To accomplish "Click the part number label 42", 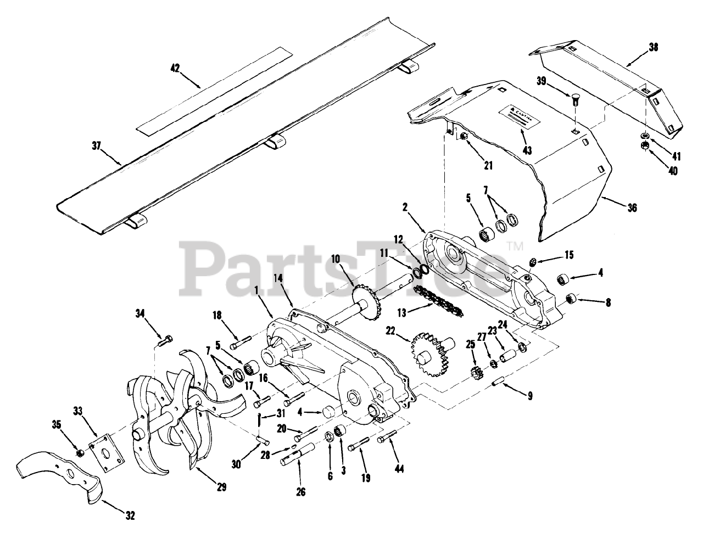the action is tap(175, 68).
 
